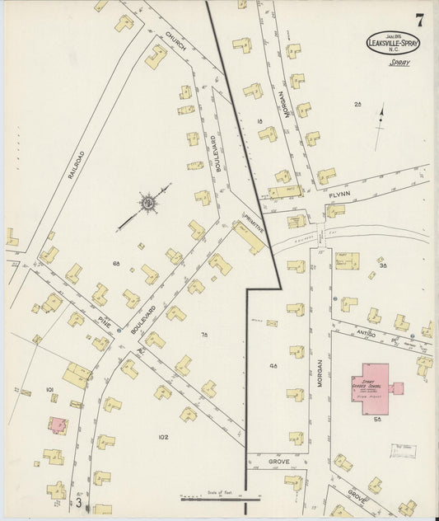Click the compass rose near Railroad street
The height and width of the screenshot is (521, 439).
tap(148, 202)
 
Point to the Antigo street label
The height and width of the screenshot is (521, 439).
tap(366, 333)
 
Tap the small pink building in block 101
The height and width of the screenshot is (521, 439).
tap(57, 425)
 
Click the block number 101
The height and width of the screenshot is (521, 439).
tap(49, 388)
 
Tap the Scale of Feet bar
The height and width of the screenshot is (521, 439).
tap(221, 498)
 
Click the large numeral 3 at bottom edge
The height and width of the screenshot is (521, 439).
tap(79, 501)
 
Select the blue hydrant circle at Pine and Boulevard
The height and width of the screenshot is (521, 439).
tap(119, 331)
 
